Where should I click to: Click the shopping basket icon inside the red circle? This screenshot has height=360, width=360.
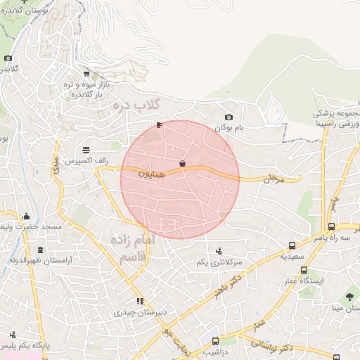coord(183,164)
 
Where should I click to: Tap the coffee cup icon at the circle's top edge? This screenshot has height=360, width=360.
coord(160,125)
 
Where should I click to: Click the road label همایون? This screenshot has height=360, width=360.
coord(151,172)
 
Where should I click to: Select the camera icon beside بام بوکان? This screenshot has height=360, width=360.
coord(228,117)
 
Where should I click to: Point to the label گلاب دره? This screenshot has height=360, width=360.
coord(136,106)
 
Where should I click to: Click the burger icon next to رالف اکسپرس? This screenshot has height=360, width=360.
coord(86,150)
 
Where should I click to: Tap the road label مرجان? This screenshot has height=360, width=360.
coord(271,180)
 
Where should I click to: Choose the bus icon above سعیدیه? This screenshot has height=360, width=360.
coord(292,245)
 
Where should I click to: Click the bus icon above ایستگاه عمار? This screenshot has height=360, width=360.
coord(304,270)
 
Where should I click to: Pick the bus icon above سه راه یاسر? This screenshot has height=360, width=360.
coord(331,226)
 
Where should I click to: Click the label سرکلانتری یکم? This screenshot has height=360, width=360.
coord(219,262)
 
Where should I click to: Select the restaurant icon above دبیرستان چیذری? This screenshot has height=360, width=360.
coord(140,300)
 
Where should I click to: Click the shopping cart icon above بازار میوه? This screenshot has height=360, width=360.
coord(86,73)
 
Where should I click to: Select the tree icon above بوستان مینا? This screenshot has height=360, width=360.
coord(349,297)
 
